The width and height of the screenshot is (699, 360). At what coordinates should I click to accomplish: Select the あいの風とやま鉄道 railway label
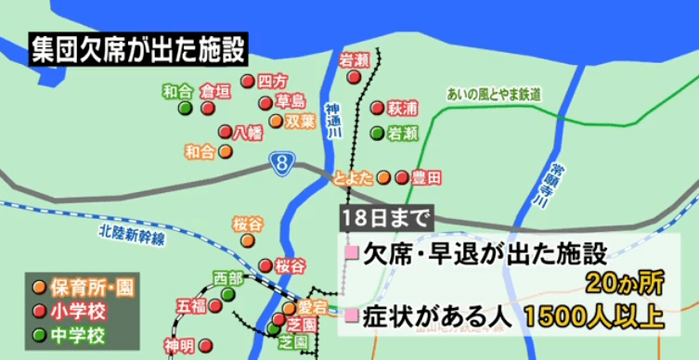pyautogui.click(x=494, y=94)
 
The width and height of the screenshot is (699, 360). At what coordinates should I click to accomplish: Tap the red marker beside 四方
pyautogui.click(x=248, y=81)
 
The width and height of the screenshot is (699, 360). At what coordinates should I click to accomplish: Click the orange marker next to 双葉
pyautogui.click(x=276, y=121)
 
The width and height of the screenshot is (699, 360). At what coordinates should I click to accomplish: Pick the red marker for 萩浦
pyautogui.click(x=377, y=108)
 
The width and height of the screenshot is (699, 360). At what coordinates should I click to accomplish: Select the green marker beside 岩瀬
pyautogui.click(x=377, y=133)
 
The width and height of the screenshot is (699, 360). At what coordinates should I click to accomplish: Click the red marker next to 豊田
pyautogui.click(x=401, y=177)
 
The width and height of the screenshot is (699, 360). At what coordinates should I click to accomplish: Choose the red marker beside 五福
pyautogui.click(x=215, y=304)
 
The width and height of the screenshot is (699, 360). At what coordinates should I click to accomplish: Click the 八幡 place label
pyautogui.click(x=249, y=131)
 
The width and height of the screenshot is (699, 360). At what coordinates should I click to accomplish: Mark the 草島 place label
pyautogui.click(x=290, y=100)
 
